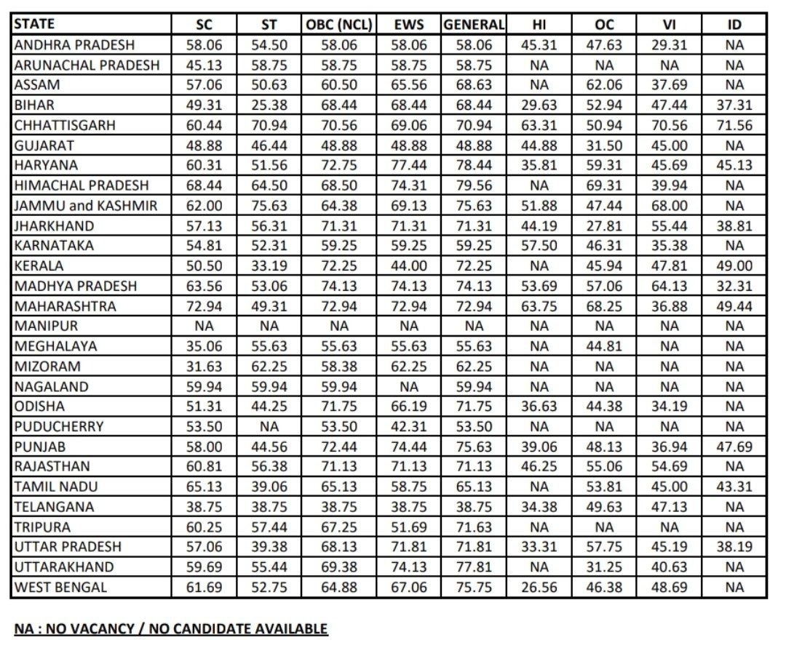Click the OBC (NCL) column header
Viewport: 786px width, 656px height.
pyautogui.click(x=337, y=24)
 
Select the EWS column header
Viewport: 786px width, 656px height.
pyautogui.click(x=408, y=24)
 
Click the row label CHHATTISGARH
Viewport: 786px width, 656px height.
pyautogui.click(x=64, y=125)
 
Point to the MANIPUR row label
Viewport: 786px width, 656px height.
pyautogui.click(x=45, y=327)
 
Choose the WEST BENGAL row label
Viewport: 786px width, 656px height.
pyautogui.click(x=60, y=586)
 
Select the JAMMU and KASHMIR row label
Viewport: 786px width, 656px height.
pyautogui.click(x=85, y=206)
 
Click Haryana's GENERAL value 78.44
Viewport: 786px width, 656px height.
pyautogui.click(x=473, y=165)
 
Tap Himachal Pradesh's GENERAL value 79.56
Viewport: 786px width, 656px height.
pyautogui.click(x=473, y=185)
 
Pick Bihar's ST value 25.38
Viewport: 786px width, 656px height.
pyautogui.click(x=269, y=105)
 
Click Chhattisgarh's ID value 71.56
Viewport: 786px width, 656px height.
pyautogui.click(x=734, y=125)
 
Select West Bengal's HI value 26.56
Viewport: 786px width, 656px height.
pyautogui.click(x=539, y=586)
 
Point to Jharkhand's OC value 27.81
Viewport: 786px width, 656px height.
pyautogui.click(x=604, y=226)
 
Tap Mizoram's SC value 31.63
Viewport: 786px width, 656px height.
pyautogui.click(x=204, y=367)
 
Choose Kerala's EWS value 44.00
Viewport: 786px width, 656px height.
pyautogui.click(x=408, y=266)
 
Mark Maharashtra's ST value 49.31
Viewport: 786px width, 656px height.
pyautogui.click(x=269, y=306)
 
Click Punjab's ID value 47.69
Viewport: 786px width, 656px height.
pyautogui.click(x=734, y=447)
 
